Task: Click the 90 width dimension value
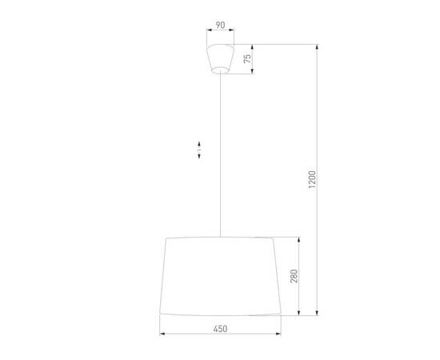[x=219, y=25]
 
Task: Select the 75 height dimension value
[x=249, y=58]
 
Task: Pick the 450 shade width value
[x=221, y=328]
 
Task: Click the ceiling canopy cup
[x=220, y=58]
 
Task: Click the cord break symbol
[x=197, y=150]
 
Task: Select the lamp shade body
[x=220, y=276]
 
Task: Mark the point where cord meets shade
[x=220, y=237]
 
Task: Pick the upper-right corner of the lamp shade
[x=274, y=238]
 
